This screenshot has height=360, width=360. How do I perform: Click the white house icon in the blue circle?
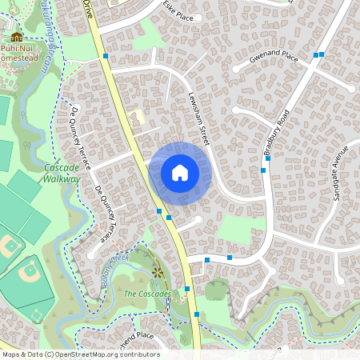click(179, 172)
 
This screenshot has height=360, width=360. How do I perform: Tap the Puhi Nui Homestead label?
click(18, 52)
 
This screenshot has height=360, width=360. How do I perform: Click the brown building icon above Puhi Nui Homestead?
click(15, 36)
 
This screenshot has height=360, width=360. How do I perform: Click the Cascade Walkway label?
click(62, 174)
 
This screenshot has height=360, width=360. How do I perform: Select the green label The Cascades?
click(147, 294)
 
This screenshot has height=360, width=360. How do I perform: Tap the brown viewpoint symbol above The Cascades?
click(157, 274)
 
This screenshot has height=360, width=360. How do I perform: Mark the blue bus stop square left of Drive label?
click(106, 57)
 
